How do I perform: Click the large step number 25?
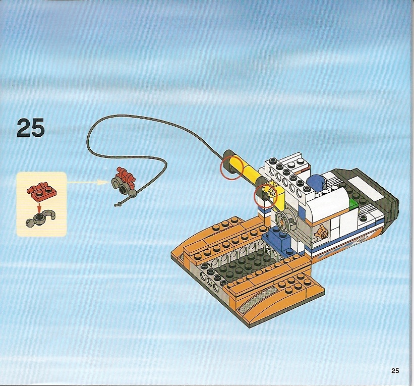pos(31,128)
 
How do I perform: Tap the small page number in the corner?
pos(395,371)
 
